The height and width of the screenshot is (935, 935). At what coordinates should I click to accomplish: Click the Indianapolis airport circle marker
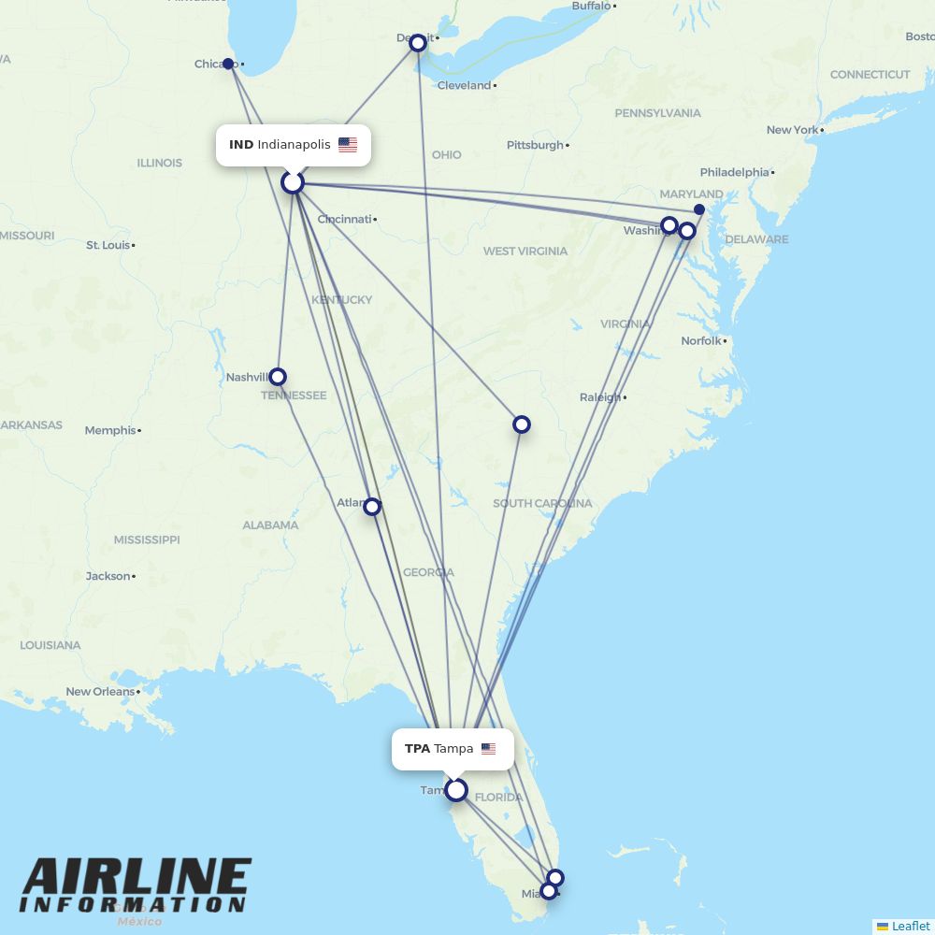pos(293,182)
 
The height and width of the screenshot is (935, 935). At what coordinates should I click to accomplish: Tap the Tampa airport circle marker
pos(455,790)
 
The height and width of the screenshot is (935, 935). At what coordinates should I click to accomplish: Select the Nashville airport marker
pos(277,377)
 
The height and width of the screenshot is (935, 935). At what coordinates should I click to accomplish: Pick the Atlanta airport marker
pos(372,507)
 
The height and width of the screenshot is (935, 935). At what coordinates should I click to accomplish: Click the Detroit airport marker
pos(418,42)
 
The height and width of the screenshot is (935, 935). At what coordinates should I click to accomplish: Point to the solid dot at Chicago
pos(228,64)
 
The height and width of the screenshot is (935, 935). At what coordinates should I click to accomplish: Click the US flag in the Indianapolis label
pos(348,145)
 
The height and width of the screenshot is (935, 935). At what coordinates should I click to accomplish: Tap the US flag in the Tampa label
pos(488,749)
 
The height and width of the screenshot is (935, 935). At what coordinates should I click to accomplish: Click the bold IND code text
pos(241,145)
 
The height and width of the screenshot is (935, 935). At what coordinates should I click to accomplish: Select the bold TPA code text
pos(417,749)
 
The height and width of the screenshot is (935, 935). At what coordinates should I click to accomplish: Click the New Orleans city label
pos(100,692)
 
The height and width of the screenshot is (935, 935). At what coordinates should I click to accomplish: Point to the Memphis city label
pos(110,431)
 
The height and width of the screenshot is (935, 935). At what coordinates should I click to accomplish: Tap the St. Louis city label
pos(108,245)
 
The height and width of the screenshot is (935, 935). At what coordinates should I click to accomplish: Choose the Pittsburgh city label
pos(535,145)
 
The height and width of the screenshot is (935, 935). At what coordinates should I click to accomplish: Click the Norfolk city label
pos(701,341)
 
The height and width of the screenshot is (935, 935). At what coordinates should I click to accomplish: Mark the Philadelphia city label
pos(734,172)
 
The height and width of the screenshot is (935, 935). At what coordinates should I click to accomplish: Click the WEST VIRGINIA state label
pos(525,251)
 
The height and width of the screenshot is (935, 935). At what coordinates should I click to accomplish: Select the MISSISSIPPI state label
pos(147,539)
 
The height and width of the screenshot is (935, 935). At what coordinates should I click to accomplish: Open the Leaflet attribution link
pos(910,926)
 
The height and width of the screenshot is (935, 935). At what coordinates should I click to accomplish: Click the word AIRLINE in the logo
pos(137,877)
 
